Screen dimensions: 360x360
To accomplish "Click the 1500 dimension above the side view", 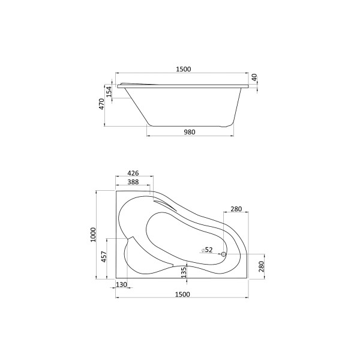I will pyautogui.click(x=183, y=69).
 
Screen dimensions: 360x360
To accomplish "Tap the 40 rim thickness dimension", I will pyautogui.click(x=254, y=77).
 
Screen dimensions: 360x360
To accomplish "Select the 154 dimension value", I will pyautogui.click(x=109, y=91).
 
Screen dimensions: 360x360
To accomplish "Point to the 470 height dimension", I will pyautogui.click(x=102, y=104).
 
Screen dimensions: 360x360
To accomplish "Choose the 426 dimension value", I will pyautogui.click(x=133, y=173).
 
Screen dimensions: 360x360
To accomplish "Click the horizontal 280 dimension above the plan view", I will pyautogui.click(x=235, y=209).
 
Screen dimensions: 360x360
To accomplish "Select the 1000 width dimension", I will pyautogui.click(x=93, y=235).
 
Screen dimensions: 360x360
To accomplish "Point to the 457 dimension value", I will pyautogui.click(x=104, y=257).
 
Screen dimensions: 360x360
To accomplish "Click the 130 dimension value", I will pyautogui.click(x=122, y=285).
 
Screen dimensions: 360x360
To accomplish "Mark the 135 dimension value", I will pyautogui.click(x=184, y=273).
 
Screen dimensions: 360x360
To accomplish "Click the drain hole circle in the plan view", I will pyautogui.click(x=224, y=254).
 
